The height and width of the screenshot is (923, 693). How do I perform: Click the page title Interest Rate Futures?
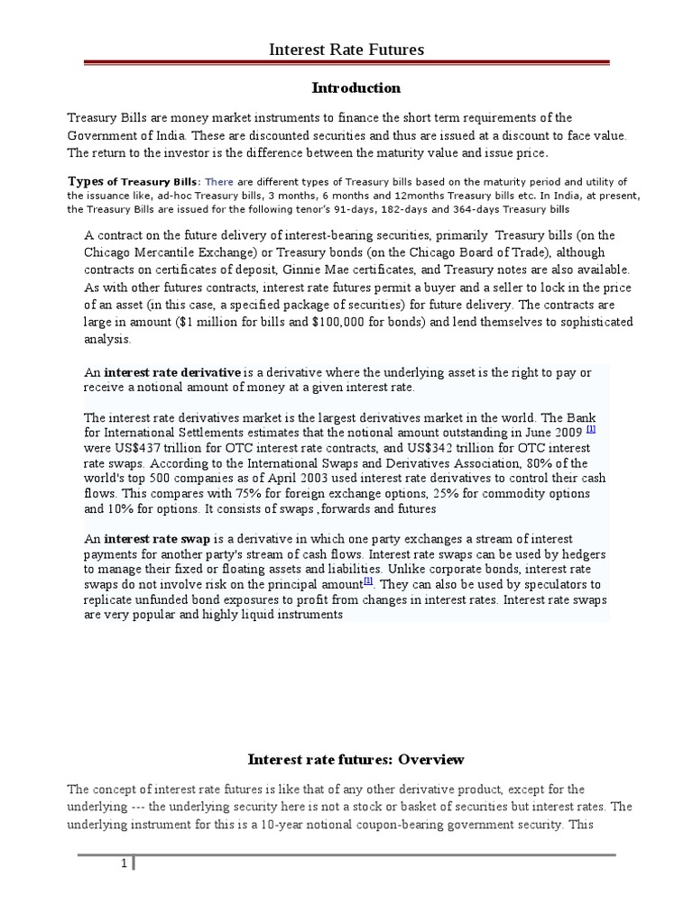click(346, 50)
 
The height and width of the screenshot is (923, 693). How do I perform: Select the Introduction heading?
click(356, 88)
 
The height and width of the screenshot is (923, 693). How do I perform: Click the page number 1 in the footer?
click(125, 864)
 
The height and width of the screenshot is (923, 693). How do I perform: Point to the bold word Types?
click(86, 181)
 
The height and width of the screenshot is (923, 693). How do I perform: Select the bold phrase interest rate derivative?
click(173, 372)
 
